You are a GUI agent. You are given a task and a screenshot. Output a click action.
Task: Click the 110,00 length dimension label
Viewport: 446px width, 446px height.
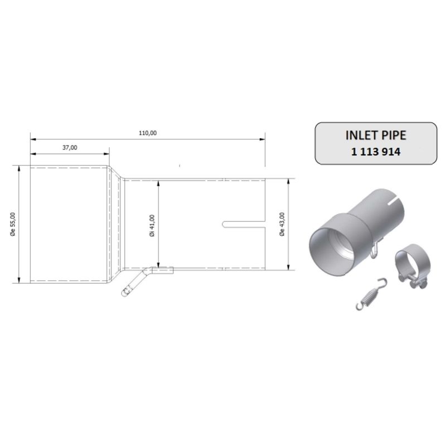click(148, 133)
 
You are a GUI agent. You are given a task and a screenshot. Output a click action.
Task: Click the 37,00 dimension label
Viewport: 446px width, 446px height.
click(70, 147)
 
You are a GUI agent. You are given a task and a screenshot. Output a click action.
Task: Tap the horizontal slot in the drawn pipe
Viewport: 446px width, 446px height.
click(244, 225)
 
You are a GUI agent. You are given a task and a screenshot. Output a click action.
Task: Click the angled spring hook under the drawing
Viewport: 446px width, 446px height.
click(134, 283)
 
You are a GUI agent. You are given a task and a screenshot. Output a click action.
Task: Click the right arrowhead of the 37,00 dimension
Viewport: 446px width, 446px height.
click(106, 154)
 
